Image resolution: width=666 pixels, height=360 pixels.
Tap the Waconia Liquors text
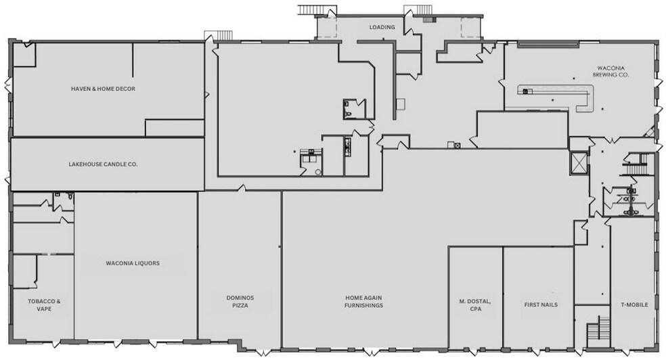133,263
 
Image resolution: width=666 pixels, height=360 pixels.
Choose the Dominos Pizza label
240,301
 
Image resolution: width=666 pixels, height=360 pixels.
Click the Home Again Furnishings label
364,301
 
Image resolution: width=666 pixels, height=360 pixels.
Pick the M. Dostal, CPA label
476,305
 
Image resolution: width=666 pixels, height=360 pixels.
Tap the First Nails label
541,305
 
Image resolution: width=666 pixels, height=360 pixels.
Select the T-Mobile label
634,305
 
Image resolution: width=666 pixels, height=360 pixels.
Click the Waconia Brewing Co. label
611,71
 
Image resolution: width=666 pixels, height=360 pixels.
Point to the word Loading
382,27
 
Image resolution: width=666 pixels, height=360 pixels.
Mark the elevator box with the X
579,162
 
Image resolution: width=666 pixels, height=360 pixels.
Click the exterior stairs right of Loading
418,9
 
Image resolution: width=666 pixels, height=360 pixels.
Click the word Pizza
240,306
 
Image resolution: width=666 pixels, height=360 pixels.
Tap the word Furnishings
364,306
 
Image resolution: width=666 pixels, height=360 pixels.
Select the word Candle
109,164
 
